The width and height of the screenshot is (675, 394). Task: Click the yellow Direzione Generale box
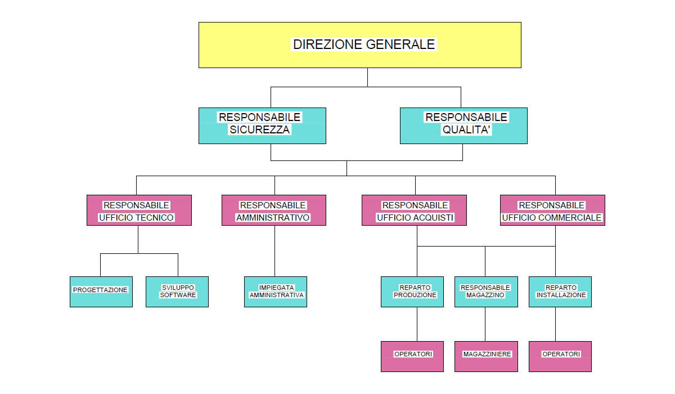tap(360, 45)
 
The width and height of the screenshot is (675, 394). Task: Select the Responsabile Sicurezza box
tap(262, 126)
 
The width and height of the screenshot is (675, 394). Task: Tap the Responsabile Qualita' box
tap(463, 126)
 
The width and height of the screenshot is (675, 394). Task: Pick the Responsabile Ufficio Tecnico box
tap(139, 210)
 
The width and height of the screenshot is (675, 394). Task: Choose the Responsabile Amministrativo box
tap(273, 210)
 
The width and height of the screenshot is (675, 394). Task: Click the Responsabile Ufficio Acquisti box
tap(414, 210)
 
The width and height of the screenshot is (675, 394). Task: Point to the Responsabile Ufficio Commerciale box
tap(552, 210)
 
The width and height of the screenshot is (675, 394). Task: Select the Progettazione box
tap(101, 292)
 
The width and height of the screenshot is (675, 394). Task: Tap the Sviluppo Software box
tap(177, 292)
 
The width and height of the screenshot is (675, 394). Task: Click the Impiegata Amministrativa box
tap(276, 292)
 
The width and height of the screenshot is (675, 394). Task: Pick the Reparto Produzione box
tap(412, 292)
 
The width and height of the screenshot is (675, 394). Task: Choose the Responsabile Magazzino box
tap(486, 292)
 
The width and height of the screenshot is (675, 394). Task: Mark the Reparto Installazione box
tap(560, 292)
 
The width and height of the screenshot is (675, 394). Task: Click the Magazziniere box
tap(486, 356)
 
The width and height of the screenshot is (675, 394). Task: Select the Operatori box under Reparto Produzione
tap(412, 356)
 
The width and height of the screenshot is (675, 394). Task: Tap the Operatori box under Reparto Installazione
tap(560, 356)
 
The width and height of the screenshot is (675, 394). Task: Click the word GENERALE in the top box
tap(400, 44)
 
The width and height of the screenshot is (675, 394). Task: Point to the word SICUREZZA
tap(259, 129)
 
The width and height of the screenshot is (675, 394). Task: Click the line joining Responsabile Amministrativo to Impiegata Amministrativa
tap(274, 251)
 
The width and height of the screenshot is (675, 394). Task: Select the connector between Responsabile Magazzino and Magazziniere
tap(485, 324)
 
